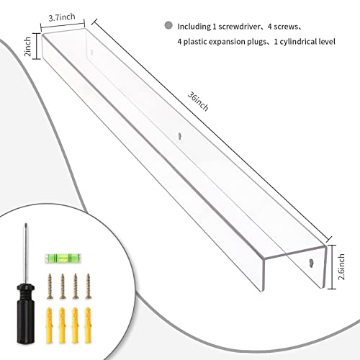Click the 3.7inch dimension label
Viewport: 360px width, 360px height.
[62, 17]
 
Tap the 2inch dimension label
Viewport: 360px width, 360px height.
[28, 47]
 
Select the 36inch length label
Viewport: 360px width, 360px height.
[198, 102]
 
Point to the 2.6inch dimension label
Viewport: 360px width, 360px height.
[341, 266]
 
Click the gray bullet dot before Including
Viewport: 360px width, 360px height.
[168, 25]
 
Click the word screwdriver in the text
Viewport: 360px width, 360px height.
[239, 27]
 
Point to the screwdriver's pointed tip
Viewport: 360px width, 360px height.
[26, 224]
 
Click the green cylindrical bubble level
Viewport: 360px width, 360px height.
[63, 258]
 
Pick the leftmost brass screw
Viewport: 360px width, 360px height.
[50, 286]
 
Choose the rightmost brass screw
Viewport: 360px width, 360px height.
[89, 286]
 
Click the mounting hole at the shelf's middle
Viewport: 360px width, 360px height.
[180, 136]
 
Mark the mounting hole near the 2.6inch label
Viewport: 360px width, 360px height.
[311, 263]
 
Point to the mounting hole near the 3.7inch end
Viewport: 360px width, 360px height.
[91, 52]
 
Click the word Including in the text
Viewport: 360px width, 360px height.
[194, 27]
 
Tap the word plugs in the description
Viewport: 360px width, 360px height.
[257, 42]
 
